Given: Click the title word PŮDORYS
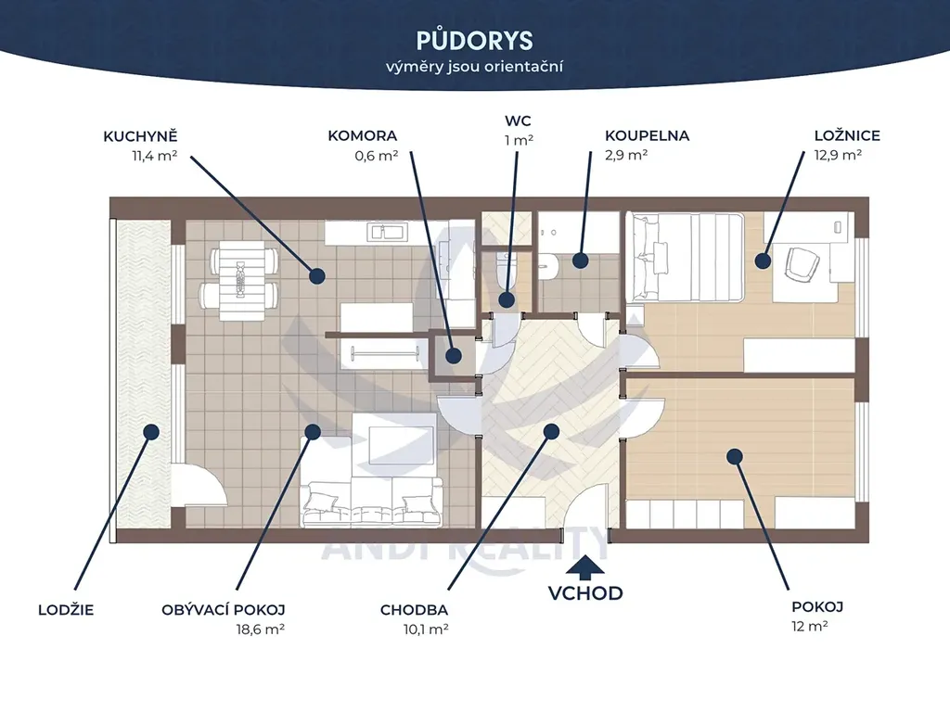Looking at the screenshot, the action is tap(474, 41).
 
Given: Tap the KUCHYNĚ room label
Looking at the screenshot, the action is tap(140, 136).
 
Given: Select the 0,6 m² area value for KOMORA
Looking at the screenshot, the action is tap(377, 156).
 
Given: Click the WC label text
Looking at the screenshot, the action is tap(518, 121).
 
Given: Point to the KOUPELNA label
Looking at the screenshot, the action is tap(647, 135).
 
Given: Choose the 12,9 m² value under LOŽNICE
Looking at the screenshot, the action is tap(838, 155).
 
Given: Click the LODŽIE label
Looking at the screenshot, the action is tap(66, 610).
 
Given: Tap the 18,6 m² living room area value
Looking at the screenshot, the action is tap(261, 629).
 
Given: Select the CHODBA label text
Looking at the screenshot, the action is tap(415, 610).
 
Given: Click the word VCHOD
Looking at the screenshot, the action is tap(585, 593).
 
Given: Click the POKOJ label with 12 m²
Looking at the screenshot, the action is tap(817, 606).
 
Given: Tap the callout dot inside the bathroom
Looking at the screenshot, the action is tap(581, 261).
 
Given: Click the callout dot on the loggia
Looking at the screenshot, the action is tap(151, 432).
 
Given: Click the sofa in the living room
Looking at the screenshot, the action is tap(372, 502).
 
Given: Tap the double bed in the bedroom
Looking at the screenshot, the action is tap(686, 257).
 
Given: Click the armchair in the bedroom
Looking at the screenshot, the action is tap(802, 264).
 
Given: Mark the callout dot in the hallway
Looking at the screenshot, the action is tap(551, 431).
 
